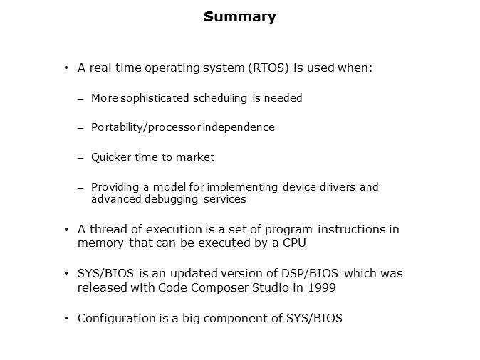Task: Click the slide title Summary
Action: pos(239,17)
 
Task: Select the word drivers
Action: pos(335,187)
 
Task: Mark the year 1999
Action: pos(321,287)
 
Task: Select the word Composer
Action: pos(212,287)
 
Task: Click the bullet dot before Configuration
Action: pos(66,318)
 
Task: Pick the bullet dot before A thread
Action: pos(66,229)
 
